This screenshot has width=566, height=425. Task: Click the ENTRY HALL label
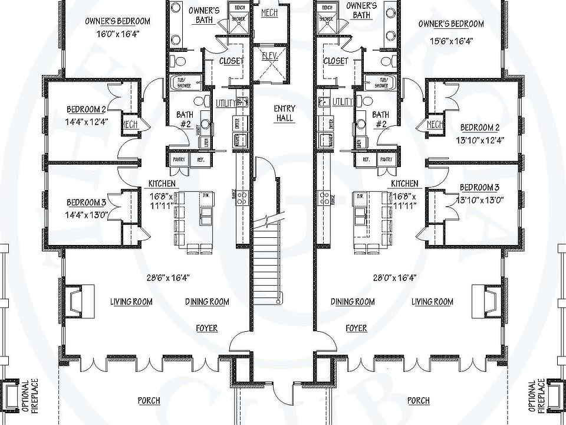pyautogui.click(x=284, y=113)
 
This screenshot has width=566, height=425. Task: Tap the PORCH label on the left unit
pyautogui.click(x=149, y=401)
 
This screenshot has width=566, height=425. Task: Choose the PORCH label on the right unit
pyautogui.click(x=418, y=401)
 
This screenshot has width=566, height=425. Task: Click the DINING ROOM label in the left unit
pyautogui.click(x=207, y=302)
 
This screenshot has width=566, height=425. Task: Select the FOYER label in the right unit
pyautogui.click(x=356, y=328)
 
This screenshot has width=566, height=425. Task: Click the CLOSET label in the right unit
pyautogui.click(x=335, y=60)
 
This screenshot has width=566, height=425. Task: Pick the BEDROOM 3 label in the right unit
pyautogui.click(x=480, y=188)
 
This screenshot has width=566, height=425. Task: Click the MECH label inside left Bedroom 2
pyautogui.click(x=130, y=124)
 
